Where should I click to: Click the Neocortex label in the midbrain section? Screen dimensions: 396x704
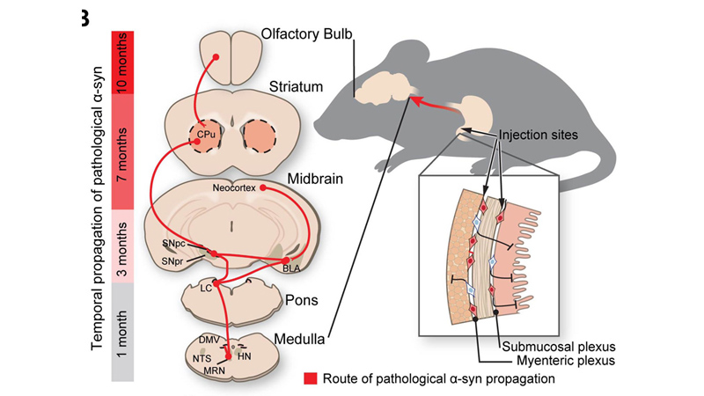click(235, 187)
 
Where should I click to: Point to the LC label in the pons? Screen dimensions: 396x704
click(206, 288)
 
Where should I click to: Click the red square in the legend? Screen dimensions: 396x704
click(310, 379)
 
